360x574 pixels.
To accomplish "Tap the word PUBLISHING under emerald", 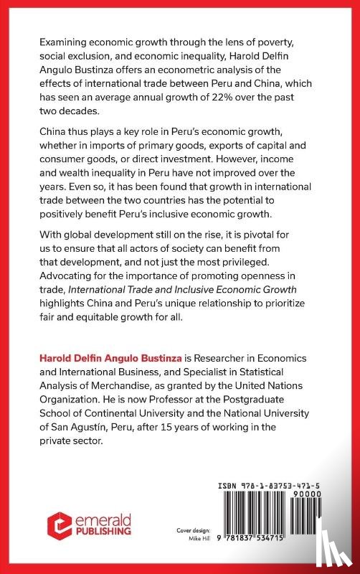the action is click(100, 532).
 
